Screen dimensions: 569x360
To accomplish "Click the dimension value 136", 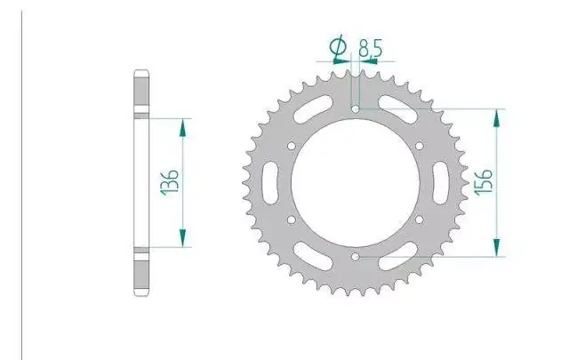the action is [171, 182].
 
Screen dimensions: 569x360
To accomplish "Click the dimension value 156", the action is [484, 182].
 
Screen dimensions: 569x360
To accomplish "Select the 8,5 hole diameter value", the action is [371, 48].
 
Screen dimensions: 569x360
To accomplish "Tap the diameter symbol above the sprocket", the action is [338, 47].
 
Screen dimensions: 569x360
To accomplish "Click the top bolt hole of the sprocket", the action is [356, 108].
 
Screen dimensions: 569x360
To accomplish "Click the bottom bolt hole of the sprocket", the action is [356, 257].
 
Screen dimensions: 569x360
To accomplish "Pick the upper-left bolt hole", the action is [292, 146].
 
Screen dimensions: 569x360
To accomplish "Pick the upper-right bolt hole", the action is [420, 146].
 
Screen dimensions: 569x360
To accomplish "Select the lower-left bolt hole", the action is [292, 220].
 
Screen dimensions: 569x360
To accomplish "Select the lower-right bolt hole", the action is [420, 220].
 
